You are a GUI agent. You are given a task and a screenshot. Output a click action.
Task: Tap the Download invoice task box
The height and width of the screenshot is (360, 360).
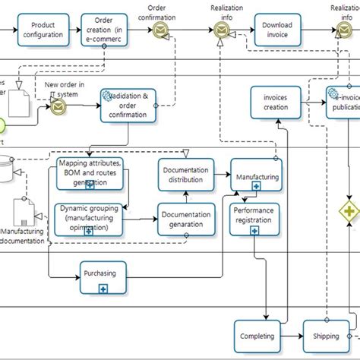277,30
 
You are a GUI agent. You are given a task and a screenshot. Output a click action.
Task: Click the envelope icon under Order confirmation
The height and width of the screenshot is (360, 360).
160,30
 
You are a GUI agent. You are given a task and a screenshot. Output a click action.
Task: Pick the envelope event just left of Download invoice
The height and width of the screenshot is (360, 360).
221,30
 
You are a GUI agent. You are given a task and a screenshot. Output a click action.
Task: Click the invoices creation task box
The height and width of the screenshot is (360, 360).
276,103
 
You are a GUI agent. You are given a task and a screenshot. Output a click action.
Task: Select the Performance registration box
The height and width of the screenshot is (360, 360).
256,220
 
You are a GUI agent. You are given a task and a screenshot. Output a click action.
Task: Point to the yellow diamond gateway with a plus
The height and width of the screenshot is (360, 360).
349,210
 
